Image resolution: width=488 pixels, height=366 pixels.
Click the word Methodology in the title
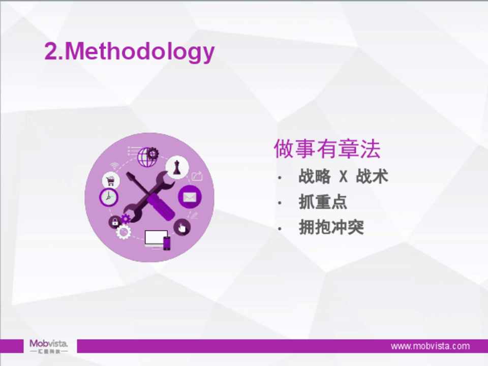coord(140,51)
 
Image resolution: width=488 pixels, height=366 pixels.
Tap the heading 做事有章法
coord(327,149)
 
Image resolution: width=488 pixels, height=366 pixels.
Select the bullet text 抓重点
coord(323,202)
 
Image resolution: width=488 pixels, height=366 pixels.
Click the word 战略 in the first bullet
coord(314,176)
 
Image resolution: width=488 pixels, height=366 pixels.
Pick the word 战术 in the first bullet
coord(372,176)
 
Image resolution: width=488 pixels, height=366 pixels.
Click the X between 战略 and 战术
coord(343,176)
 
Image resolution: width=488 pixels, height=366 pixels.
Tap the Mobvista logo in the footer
coord(49,346)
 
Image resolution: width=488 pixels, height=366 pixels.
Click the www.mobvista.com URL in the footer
coord(430,346)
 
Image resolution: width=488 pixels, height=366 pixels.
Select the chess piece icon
coord(177,167)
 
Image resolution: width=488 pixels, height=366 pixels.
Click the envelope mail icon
coord(190,197)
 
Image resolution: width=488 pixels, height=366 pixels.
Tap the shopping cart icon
coord(110,180)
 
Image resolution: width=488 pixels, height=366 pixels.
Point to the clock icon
coord(109,197)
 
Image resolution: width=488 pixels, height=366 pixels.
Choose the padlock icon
coord(115,222)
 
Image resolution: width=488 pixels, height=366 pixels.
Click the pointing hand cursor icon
coord(182,228)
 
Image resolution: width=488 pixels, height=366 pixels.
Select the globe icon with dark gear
coord(148,156)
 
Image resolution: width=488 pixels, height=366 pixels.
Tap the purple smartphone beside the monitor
coord(167,243)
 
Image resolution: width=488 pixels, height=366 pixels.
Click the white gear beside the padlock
coord(124,232)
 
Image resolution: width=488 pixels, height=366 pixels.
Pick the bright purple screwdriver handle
coord(161,207)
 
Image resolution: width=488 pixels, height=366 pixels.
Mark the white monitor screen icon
coord(156,238)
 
